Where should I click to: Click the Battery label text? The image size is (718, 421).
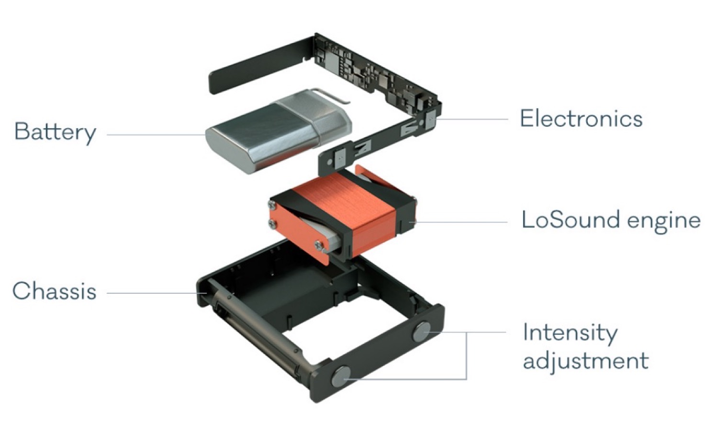(55, 133)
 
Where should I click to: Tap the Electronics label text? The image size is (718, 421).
(581, 119)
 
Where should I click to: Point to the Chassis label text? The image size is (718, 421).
(54, 291)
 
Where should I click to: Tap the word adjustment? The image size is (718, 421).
(585, 361)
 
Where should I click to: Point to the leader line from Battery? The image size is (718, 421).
(156, 134)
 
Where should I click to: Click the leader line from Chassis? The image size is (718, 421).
(157, 293)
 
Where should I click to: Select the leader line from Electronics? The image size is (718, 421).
(469, 119)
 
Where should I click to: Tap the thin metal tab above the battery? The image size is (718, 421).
(330, 95)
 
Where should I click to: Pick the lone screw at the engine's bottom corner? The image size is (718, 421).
(319, 245)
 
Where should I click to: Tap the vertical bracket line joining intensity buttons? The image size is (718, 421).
(466, 355)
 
